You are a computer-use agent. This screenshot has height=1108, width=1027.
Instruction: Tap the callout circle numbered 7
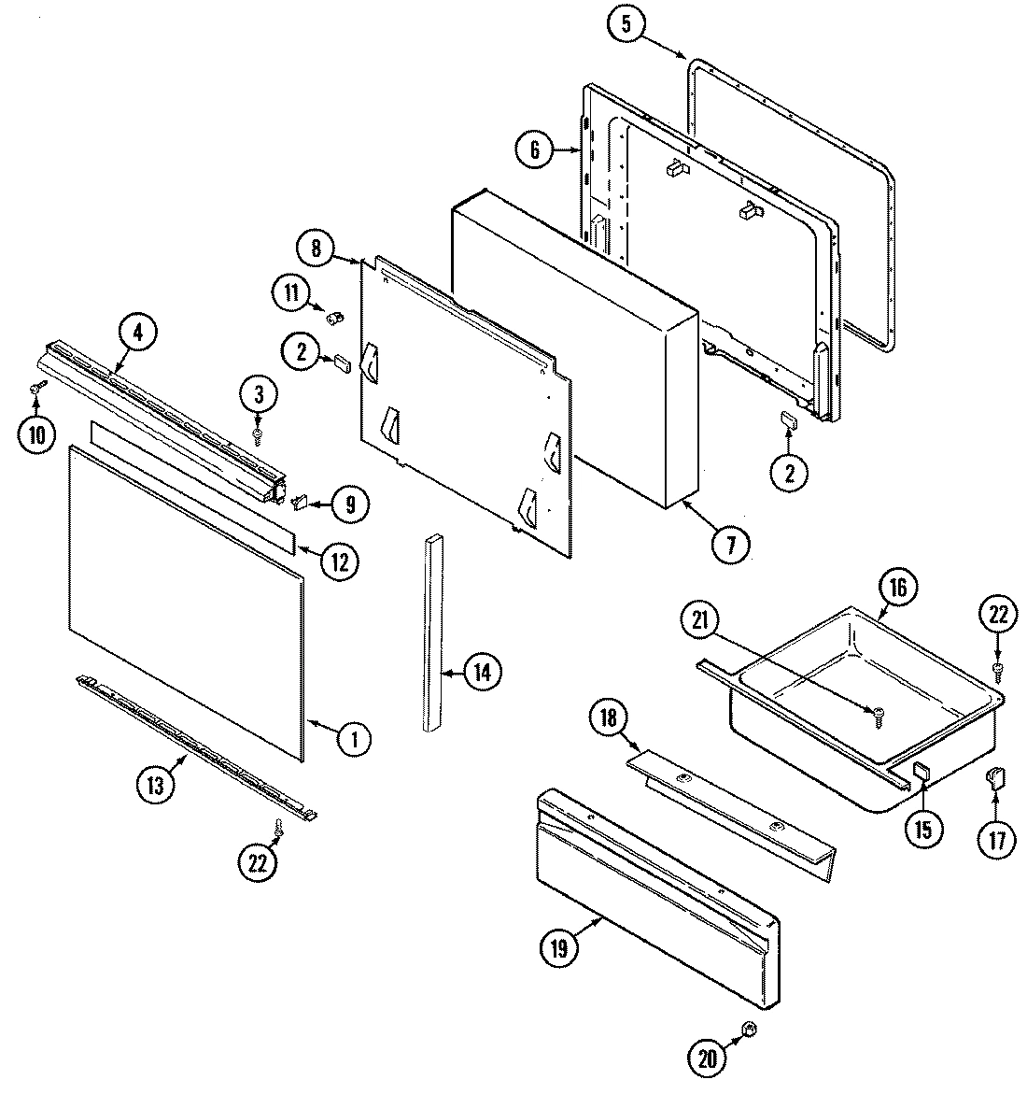pos(730,543)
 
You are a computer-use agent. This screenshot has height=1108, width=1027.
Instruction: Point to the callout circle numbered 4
pos(138,334)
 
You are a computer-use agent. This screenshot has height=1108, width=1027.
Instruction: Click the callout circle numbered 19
pos(559,947)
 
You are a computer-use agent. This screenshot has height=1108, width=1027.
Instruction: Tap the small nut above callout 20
pos(748,1030)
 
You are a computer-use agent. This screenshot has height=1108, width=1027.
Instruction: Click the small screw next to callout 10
pos(38,386)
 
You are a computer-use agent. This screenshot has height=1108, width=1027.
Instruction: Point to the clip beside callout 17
pos(995,777)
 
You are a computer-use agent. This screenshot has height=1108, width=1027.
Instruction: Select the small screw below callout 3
pos(259,433)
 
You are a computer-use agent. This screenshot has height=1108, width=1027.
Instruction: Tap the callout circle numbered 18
pos(608,719)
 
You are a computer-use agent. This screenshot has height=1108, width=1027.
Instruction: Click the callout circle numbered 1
pos(352,740)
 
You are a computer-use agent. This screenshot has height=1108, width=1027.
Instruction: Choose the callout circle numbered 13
pos(155,785)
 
